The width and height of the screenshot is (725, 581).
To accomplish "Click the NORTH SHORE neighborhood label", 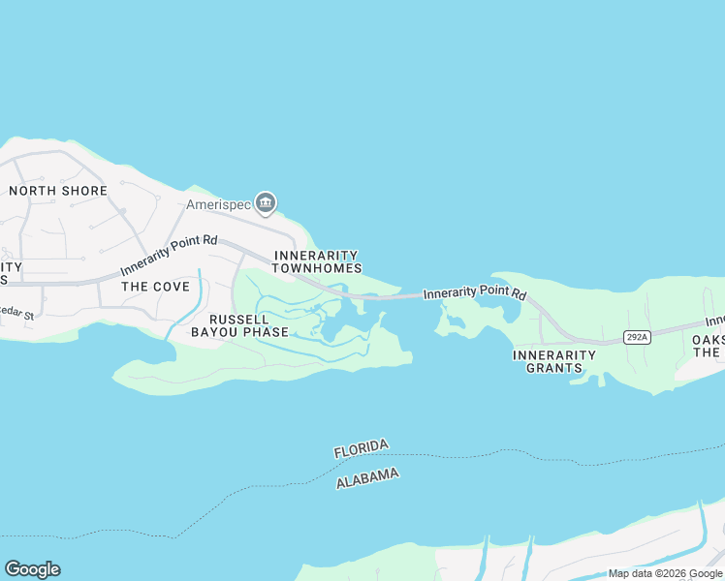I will pyautogui.click(x=58, y=191).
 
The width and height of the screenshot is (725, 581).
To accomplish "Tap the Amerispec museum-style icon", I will pyautogui.click(x=266, y=203).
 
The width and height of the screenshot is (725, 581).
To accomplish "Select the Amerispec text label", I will pyautogui.click(x=218, y=205).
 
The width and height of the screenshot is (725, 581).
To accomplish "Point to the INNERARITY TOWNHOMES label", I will pyautogui.click(x=318, y=261).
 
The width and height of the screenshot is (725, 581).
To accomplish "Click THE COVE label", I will pyautogui.click(x=148, y=287).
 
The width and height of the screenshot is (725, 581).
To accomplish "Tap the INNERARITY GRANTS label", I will pyautogui.click(x=554, y=362).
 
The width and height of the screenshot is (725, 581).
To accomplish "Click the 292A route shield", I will pyautogui.click(x=636, y=337).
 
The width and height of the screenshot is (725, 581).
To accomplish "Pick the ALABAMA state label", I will pyautogui.click(x=367, y=477).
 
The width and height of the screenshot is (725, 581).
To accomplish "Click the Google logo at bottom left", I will pyautogui.click(x=32, y=569).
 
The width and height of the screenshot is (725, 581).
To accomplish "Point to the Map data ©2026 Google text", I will pyautogui.click(x=666, y=573).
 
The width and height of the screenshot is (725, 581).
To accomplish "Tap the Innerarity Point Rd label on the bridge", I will pyautogui.click(x=475, y=292).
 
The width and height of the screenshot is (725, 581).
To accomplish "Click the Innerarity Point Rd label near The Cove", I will pyautogui.click(x=169, y=257).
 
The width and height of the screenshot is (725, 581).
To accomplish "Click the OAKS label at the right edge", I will pyautogui.click(x=708, y=339).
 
